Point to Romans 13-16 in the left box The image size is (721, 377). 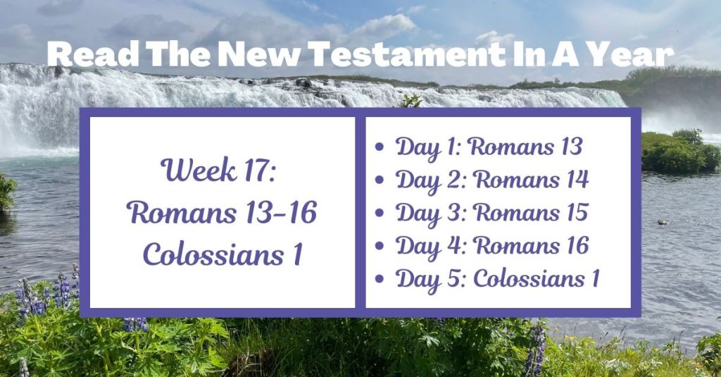[222, 212]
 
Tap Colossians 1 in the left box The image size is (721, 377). [222, 254]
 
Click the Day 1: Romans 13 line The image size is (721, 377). [489, 147]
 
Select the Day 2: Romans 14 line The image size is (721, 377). [492, 180]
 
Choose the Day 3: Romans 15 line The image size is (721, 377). [491, 213]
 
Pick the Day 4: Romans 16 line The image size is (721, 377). [492, 246]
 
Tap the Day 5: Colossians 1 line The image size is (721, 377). [497, 278]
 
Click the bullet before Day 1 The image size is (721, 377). [381, 149]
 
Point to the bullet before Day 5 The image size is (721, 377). [381, 280]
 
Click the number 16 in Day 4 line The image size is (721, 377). [576, 246]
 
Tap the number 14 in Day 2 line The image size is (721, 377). [576, 180]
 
